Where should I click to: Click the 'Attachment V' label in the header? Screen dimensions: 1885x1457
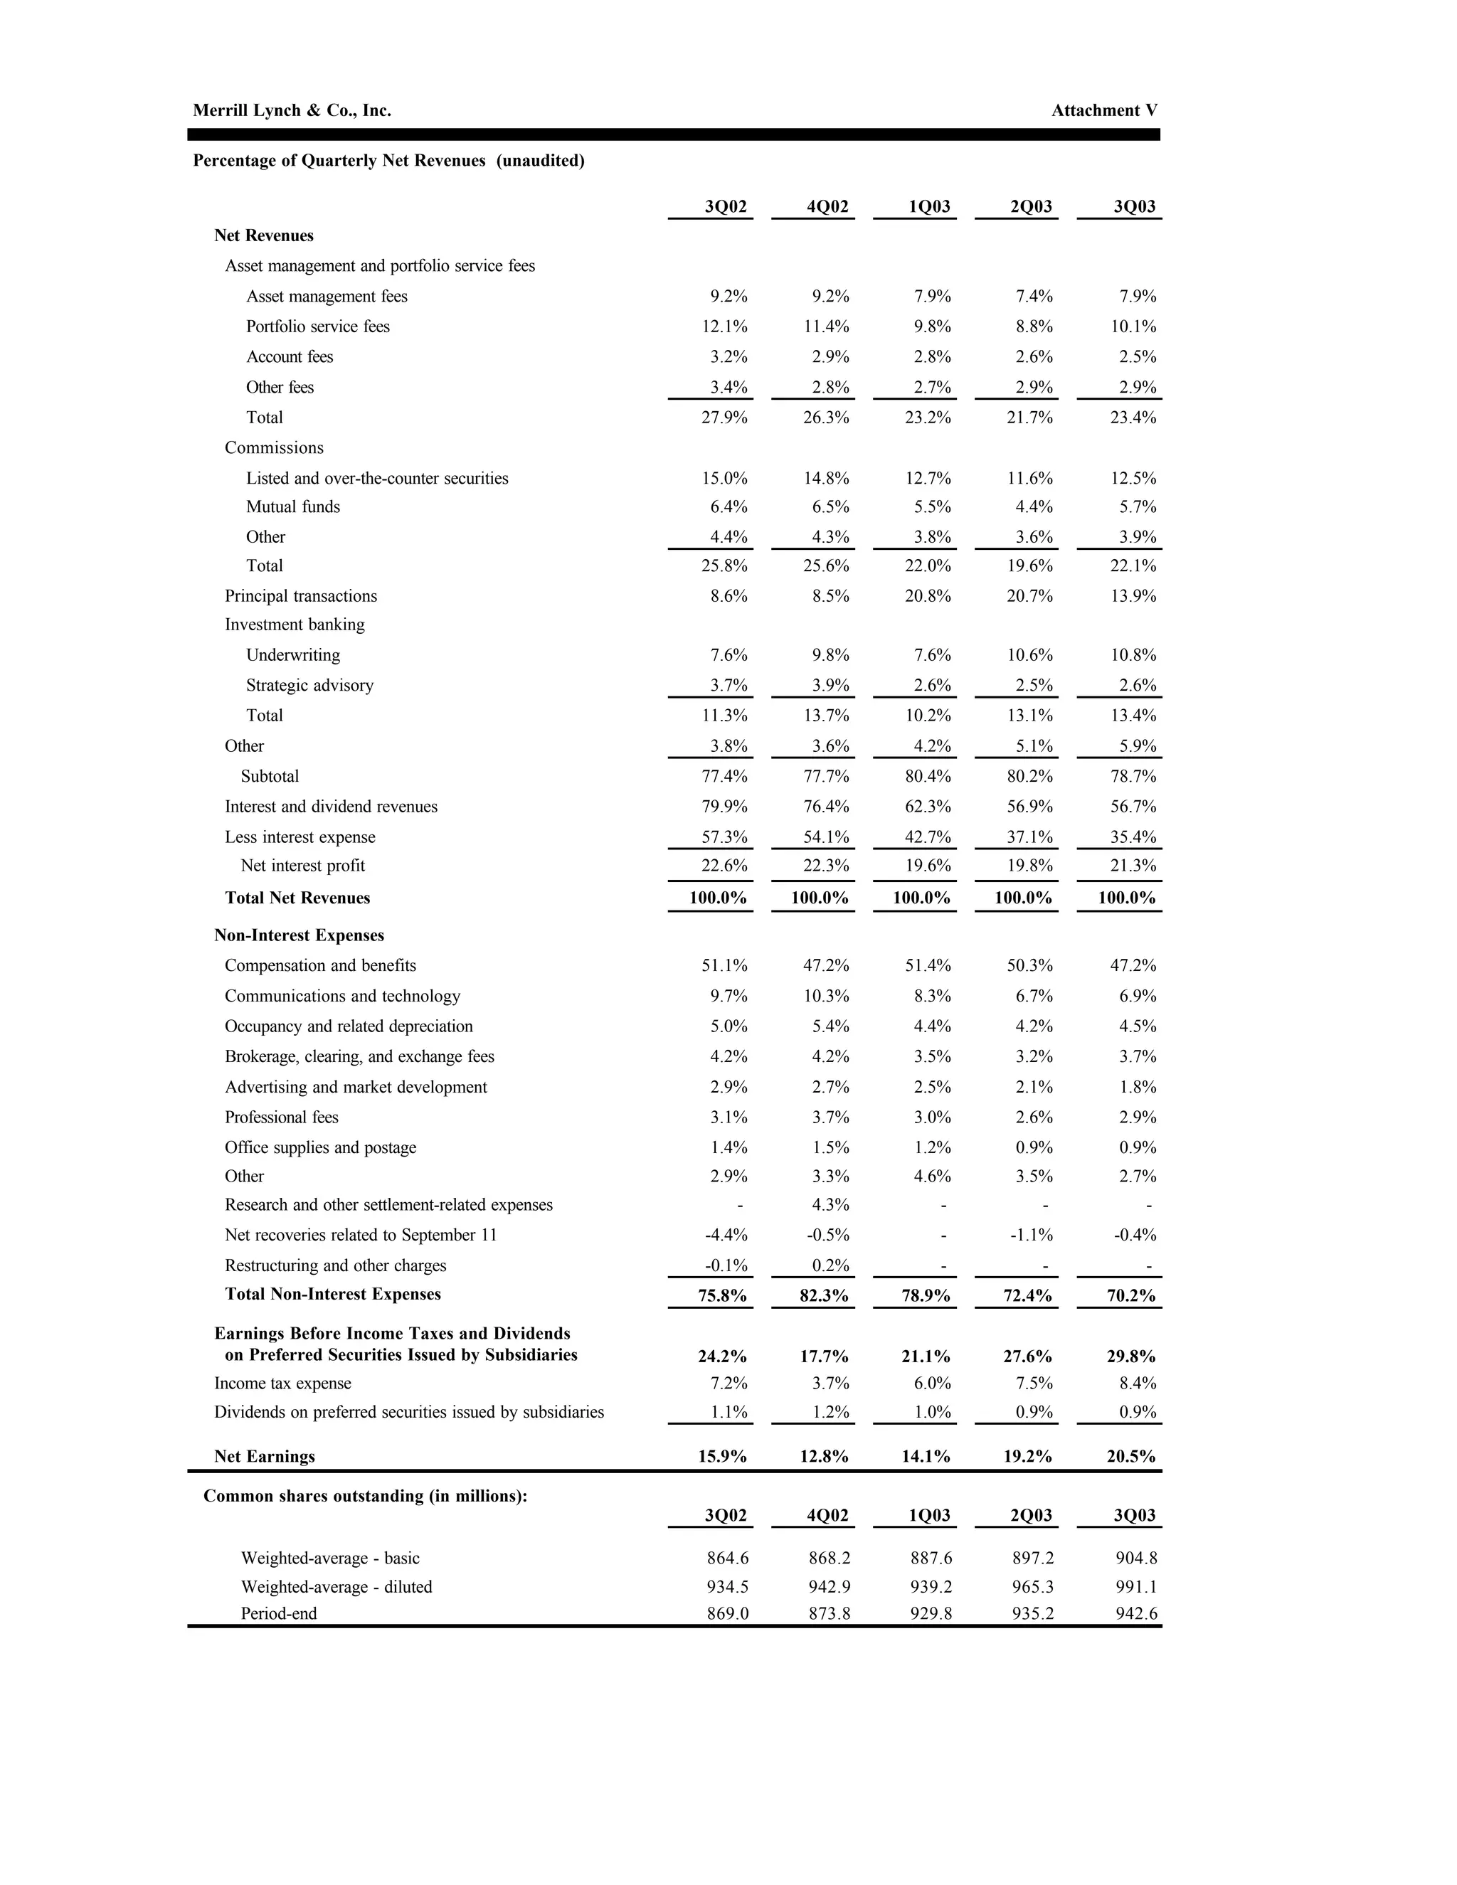pyautogui.click(x=1104, y=110)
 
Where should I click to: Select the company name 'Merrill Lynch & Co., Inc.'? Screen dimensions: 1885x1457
pyautogui.click(x=292, y=110)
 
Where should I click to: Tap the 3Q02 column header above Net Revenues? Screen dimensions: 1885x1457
pyautogui.click(x=725, y=206)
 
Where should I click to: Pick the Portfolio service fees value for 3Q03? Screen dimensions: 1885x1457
pyautogui.click(x=1133, y=326)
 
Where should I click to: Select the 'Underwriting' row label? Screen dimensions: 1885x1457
pyautogui.click(x=292, y=655)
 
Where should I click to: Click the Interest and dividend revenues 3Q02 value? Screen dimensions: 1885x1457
pyautogui.click(x=724, y=806)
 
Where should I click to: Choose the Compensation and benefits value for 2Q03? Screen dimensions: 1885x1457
pyautogui.click(x=1029, y=965)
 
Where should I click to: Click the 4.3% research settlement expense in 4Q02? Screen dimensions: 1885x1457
pyautogui.click(x=830, y=1204)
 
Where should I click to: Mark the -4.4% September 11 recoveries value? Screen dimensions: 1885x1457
pyautogui.click(x=726, y=1234)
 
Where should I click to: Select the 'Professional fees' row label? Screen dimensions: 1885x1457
pyautogui.click(x=282, y=1117)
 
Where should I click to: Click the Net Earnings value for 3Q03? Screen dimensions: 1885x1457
pyautogui.click(x=1130, y=1456)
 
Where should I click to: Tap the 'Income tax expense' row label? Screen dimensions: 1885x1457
pyautogui.click(x=282, y=1383)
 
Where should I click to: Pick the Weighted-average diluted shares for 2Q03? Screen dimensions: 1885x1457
pyautogui.click(x=1032, y=1586)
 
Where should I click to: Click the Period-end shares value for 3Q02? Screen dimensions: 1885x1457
pyautogui.click(x=727, y=1613)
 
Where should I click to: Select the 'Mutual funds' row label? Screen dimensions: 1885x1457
pyautogui.click(x=292, y=506)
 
